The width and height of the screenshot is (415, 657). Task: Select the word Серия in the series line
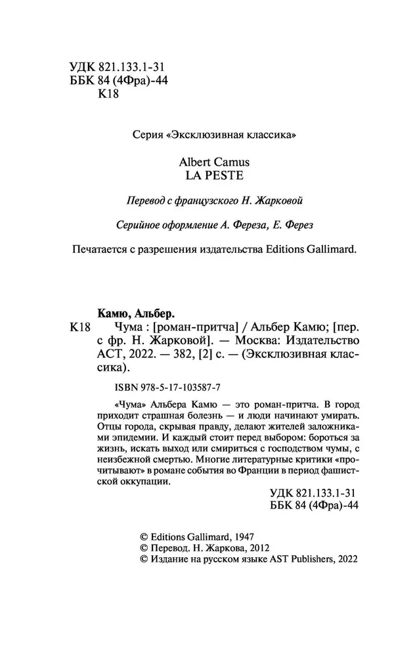[x=147, y=135]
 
